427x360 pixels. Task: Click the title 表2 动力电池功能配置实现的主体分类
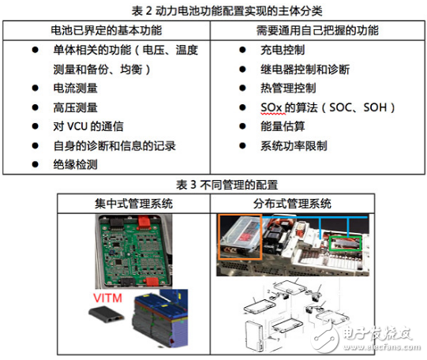coord(213,10)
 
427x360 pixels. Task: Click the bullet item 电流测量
coord(77,88)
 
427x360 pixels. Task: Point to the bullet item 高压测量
coord(77,107)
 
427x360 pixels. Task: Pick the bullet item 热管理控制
coord(289,88)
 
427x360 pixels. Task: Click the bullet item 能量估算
coord(283,126)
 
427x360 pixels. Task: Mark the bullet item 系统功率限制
coord(295,144)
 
